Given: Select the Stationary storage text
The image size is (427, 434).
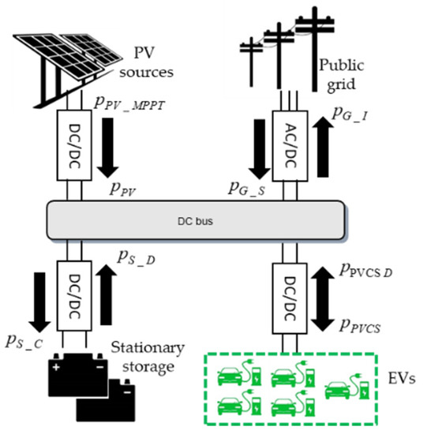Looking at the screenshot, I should coord(148,356).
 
